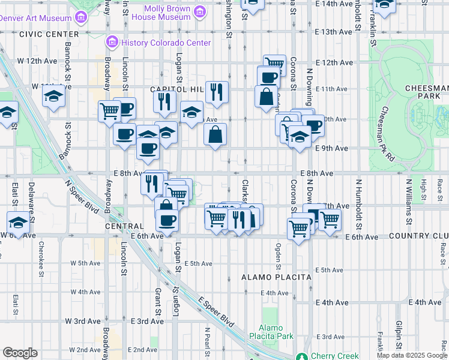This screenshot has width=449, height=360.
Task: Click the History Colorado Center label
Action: click(166, 43)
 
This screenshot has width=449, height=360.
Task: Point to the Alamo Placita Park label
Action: click(276, 332)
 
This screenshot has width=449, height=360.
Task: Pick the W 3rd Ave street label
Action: click(86, 321)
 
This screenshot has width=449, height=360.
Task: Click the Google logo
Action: click(20, 353)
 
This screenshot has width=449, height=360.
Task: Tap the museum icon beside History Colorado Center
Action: click(112, 43)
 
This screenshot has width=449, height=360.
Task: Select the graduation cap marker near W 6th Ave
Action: click(18, 223)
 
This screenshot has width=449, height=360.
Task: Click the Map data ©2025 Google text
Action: click(412, 355)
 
